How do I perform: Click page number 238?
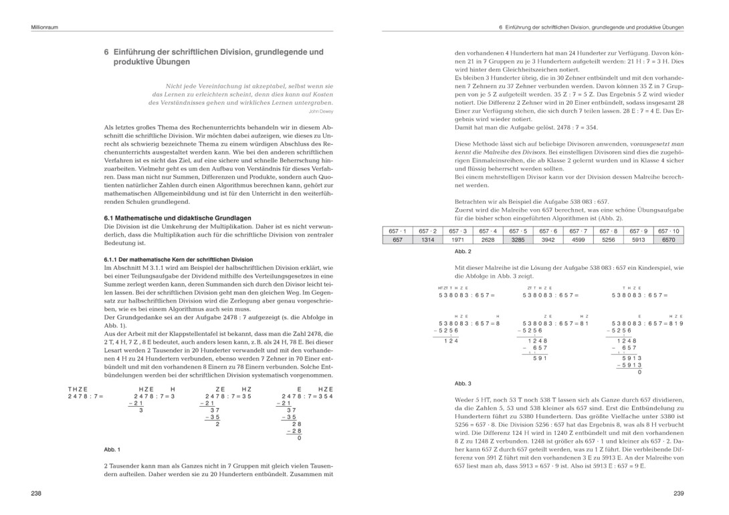coord(36,494)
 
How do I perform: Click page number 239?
coord(678,494)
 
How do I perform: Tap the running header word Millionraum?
coord(45,28)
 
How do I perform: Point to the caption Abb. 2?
coord(463,251)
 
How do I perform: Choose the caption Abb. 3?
coord(463,383)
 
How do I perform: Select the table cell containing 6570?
coord(668,240)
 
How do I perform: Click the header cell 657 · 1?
coord(397,231)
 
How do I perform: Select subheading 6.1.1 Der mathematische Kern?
coord(178,259)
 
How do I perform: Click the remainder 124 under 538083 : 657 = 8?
coord(451,341)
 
